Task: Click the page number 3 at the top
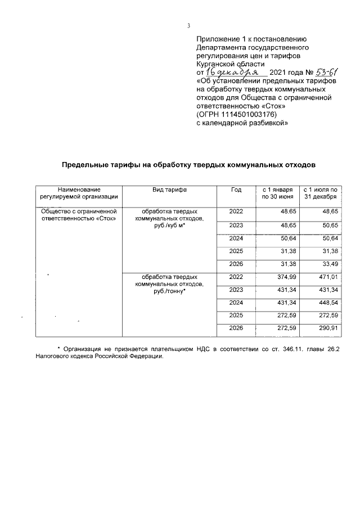pyautogui.click(x=189, y=25)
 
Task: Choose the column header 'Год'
pyautogui.click(x=236, y=191)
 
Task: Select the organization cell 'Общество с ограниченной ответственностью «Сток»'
pyautogui.click(x=79, y=215)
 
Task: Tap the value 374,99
pyautogui.click(x=286, y=277)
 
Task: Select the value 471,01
pyautogui.click(x=329, y=277)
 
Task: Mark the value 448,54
pyautogui.click(x=329, y=303)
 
